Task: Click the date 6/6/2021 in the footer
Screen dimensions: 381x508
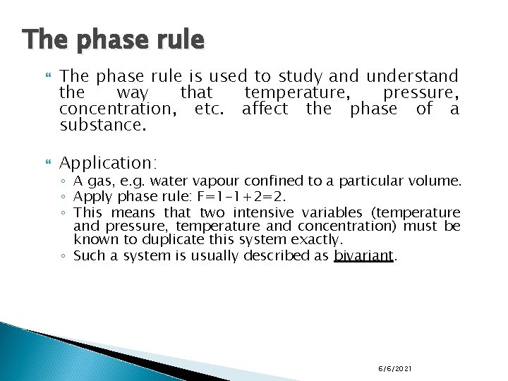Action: pyautogui.click(x=395, y=369)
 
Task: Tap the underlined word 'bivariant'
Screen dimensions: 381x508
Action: pyautogui.click(x=363, y=255)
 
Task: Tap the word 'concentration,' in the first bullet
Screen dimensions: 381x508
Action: pyautogui.click(x=118, y=109)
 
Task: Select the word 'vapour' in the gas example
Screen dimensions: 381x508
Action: pyautogui.click(x=208, y=181)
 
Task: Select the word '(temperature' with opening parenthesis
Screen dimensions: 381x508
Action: pyautogui.click(x=418, y=212)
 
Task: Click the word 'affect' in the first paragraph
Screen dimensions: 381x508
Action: pyautogui.click(x=265, y=109)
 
